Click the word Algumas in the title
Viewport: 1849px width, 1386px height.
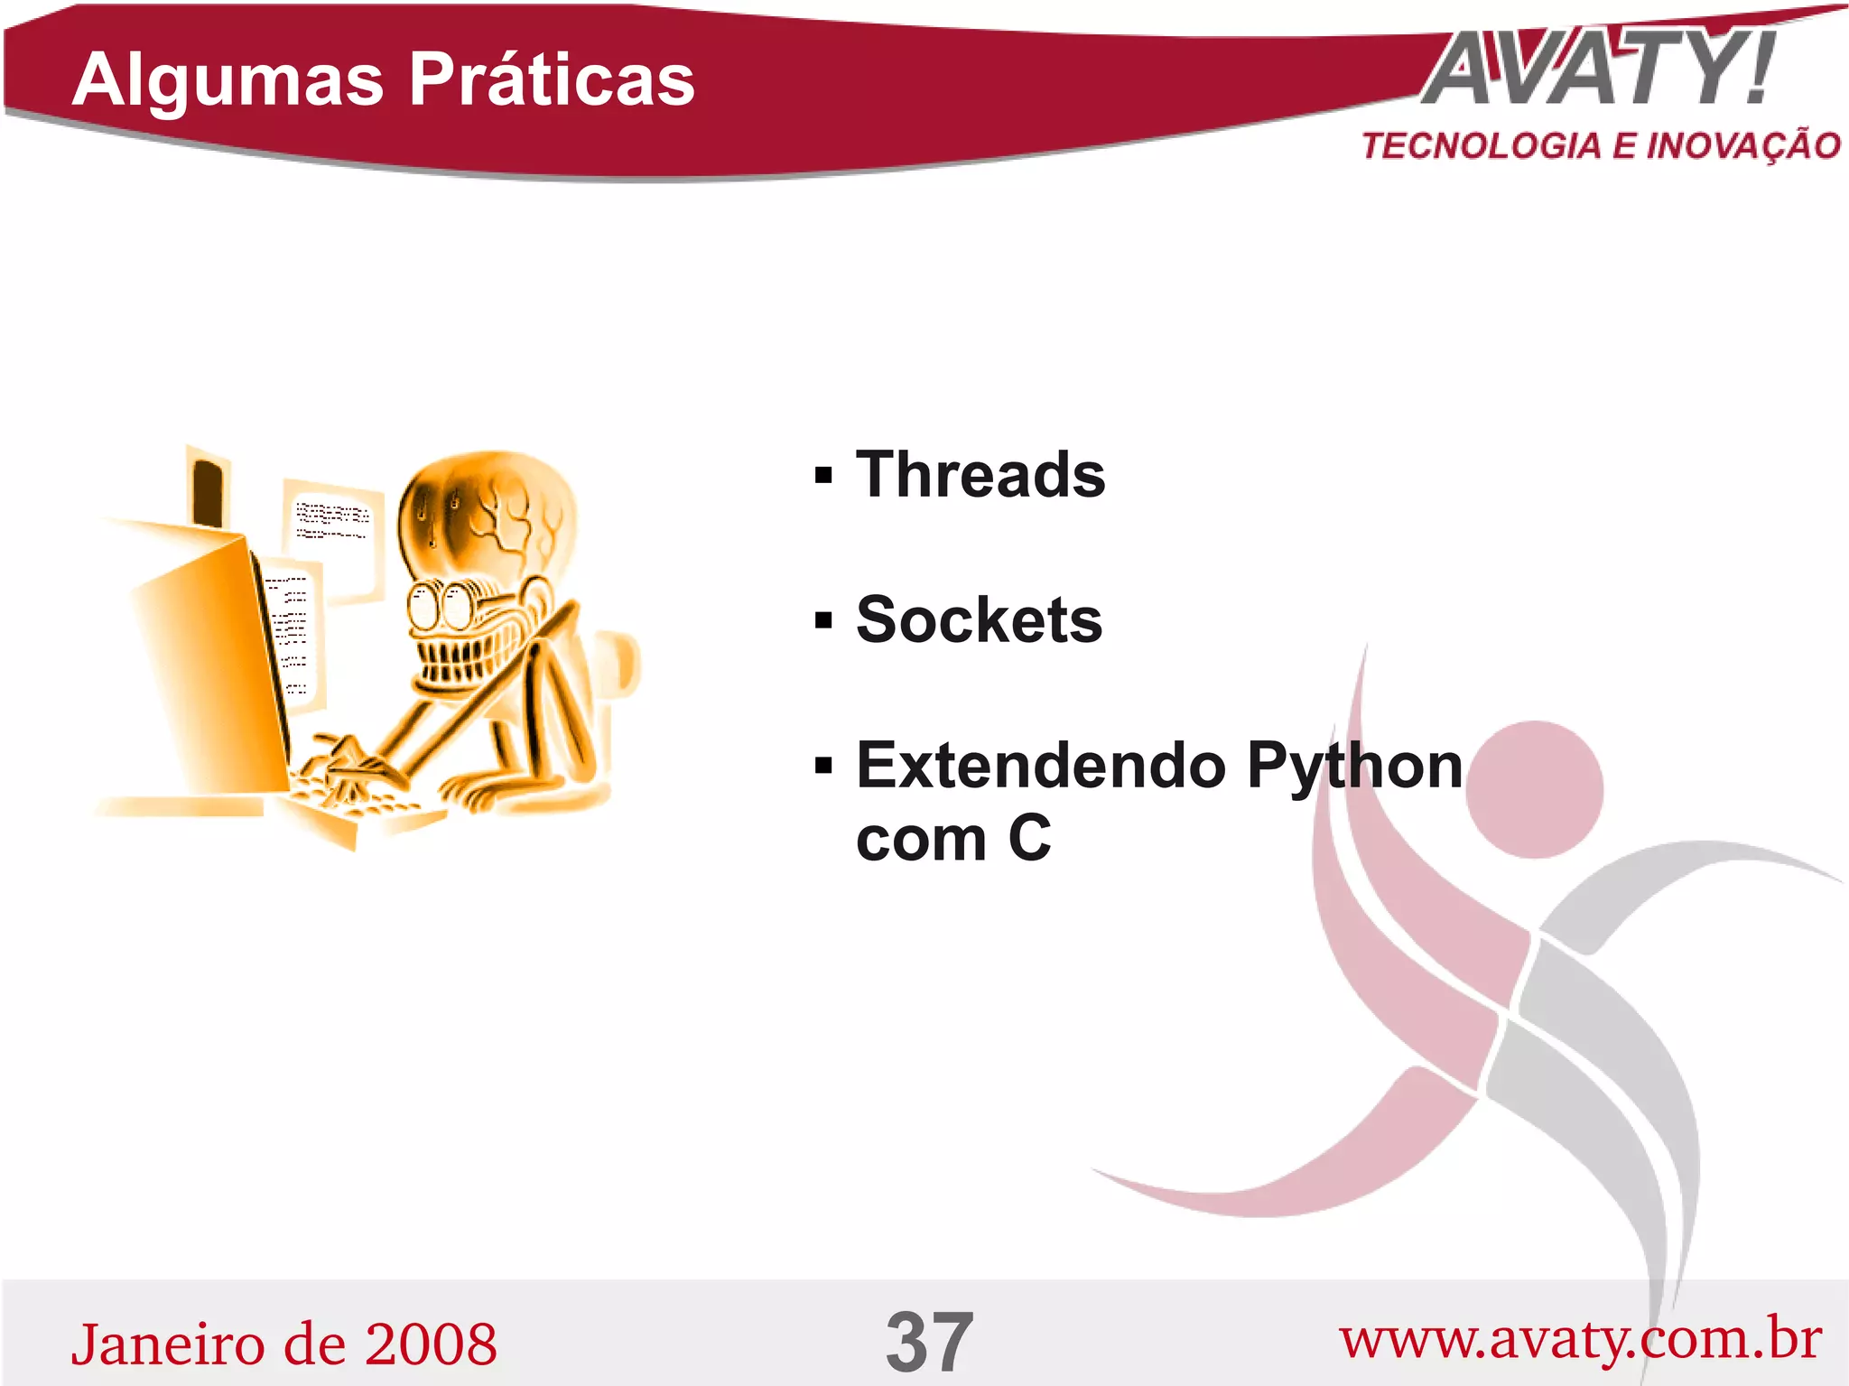(x=228, y=79)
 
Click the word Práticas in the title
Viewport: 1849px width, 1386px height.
(x=552, y=79)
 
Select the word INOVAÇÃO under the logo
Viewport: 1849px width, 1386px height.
(x=1742, y=146)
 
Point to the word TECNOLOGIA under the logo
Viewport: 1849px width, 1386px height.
(x=1481, y=146)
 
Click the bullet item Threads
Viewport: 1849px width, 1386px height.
(x=980, y=475)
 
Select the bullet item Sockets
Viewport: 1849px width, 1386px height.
(x=980, y=620)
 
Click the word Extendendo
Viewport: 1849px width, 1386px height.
(x=1040, y=766)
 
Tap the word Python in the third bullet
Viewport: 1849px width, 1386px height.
(x=1354, y=766)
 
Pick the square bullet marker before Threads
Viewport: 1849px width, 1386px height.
(x=822, y=476)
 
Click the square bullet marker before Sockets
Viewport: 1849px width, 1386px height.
(x=822, y=621)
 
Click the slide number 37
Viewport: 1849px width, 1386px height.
(x=929, y=1343)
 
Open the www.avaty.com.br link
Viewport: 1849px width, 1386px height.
(x=1580, y=1340)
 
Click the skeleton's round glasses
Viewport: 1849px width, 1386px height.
(x=441, y=606)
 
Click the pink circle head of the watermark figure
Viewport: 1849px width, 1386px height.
(x=1534, y=789)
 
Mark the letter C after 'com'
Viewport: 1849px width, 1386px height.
(x=1030, y=839)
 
